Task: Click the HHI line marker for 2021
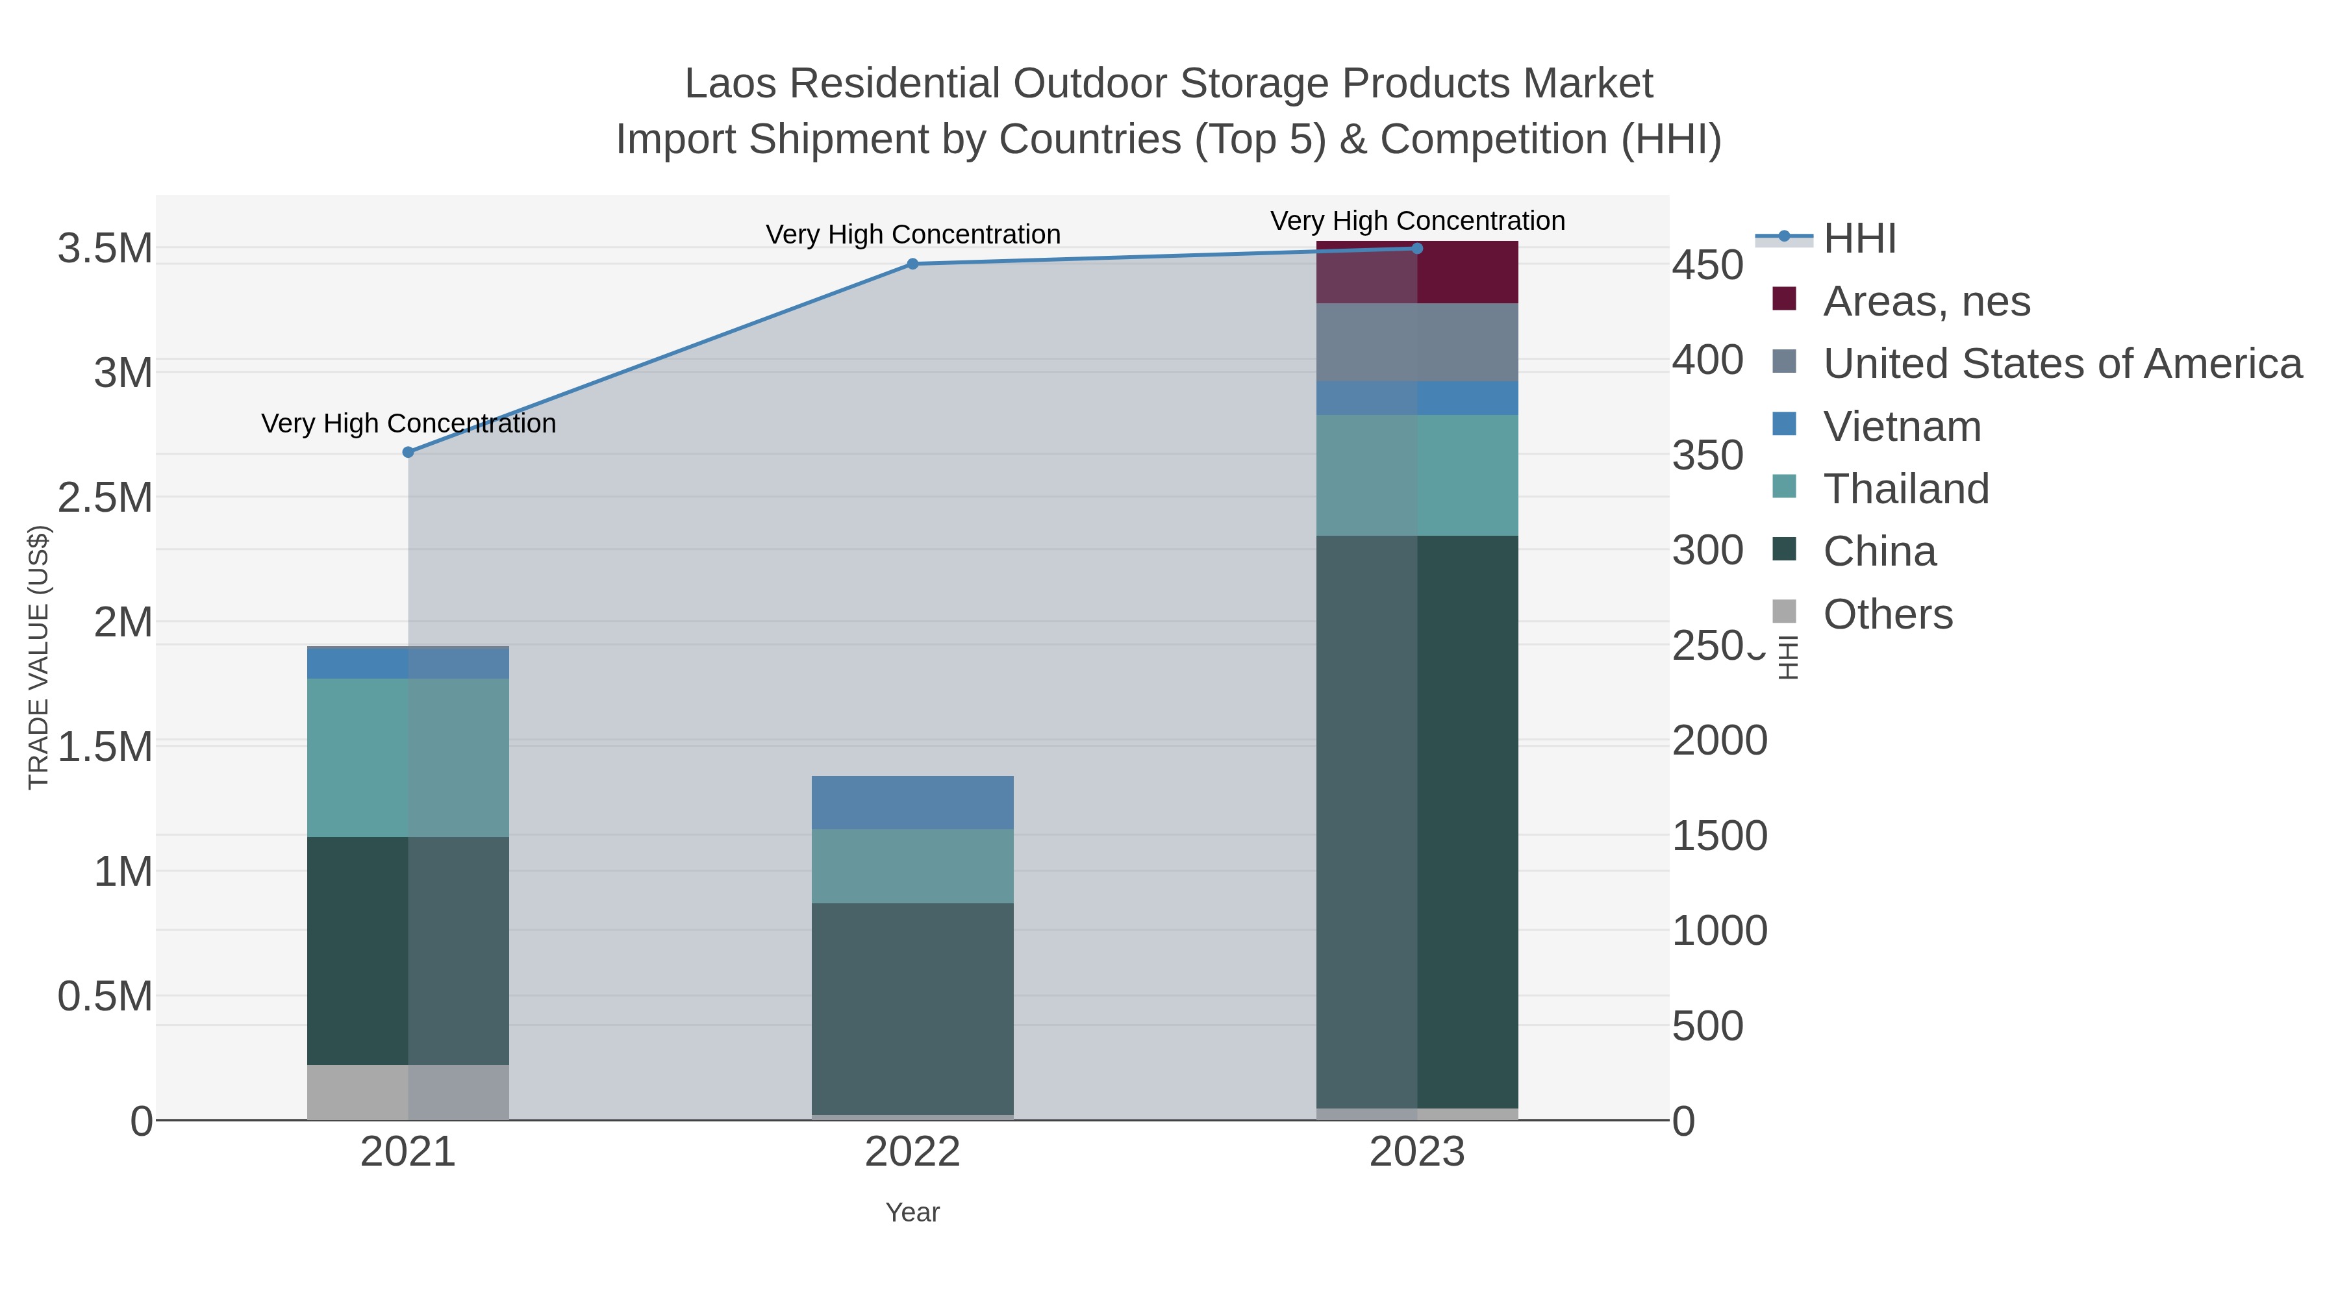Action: pos(409,452)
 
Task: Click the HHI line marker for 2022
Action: pos(912,264)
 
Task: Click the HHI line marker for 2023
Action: pos(1417,249)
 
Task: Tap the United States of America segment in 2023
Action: pos(1417,342)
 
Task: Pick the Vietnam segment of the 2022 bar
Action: pos(912,802)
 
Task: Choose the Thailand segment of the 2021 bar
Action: pos(409,757)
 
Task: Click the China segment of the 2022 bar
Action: pos(912,1007)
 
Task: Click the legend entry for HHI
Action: pos(1859,239)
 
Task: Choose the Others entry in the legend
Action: pos(1887,614)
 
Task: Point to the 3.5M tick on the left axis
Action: pos(105,249)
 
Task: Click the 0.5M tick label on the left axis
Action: pos(105,996)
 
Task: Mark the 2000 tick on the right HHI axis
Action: pos(1719,740)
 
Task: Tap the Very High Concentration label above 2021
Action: pos(409,424)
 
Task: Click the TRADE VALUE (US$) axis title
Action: pos(39,657)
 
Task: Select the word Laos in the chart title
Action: pos(731,84)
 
